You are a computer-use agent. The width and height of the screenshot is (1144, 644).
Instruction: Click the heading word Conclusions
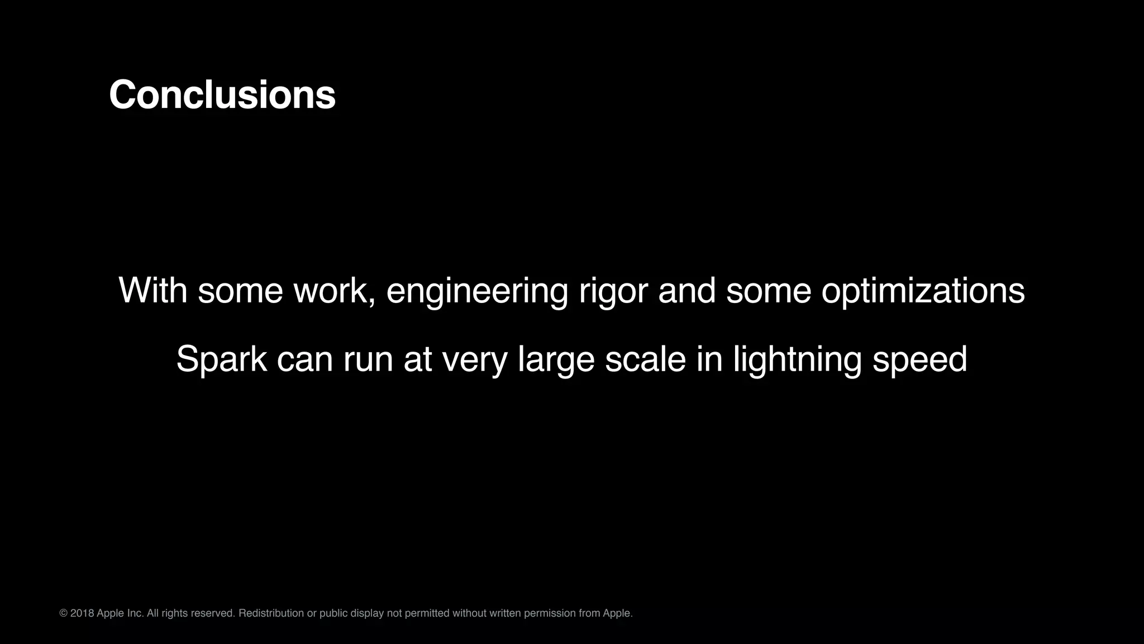(x=222, y=95)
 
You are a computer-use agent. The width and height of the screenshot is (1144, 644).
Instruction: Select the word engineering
(x=477, y=292)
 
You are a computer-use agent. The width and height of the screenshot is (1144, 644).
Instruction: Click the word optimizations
(x=923, y=292)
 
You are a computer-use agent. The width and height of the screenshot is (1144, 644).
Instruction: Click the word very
(x=474, y=359)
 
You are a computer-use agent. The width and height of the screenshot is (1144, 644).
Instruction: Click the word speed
(x=919, y=359)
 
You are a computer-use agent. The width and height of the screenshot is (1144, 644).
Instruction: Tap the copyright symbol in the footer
(x=63, y=613)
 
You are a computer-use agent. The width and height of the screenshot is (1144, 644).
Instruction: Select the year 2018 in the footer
(x=82, y=613)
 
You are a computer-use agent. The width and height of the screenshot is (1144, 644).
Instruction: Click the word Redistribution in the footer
(x=271, y=613)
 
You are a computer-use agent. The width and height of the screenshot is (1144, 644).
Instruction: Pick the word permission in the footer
(x=549, y=613)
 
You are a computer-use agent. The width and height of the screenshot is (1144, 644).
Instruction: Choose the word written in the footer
(x=505, y=613)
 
